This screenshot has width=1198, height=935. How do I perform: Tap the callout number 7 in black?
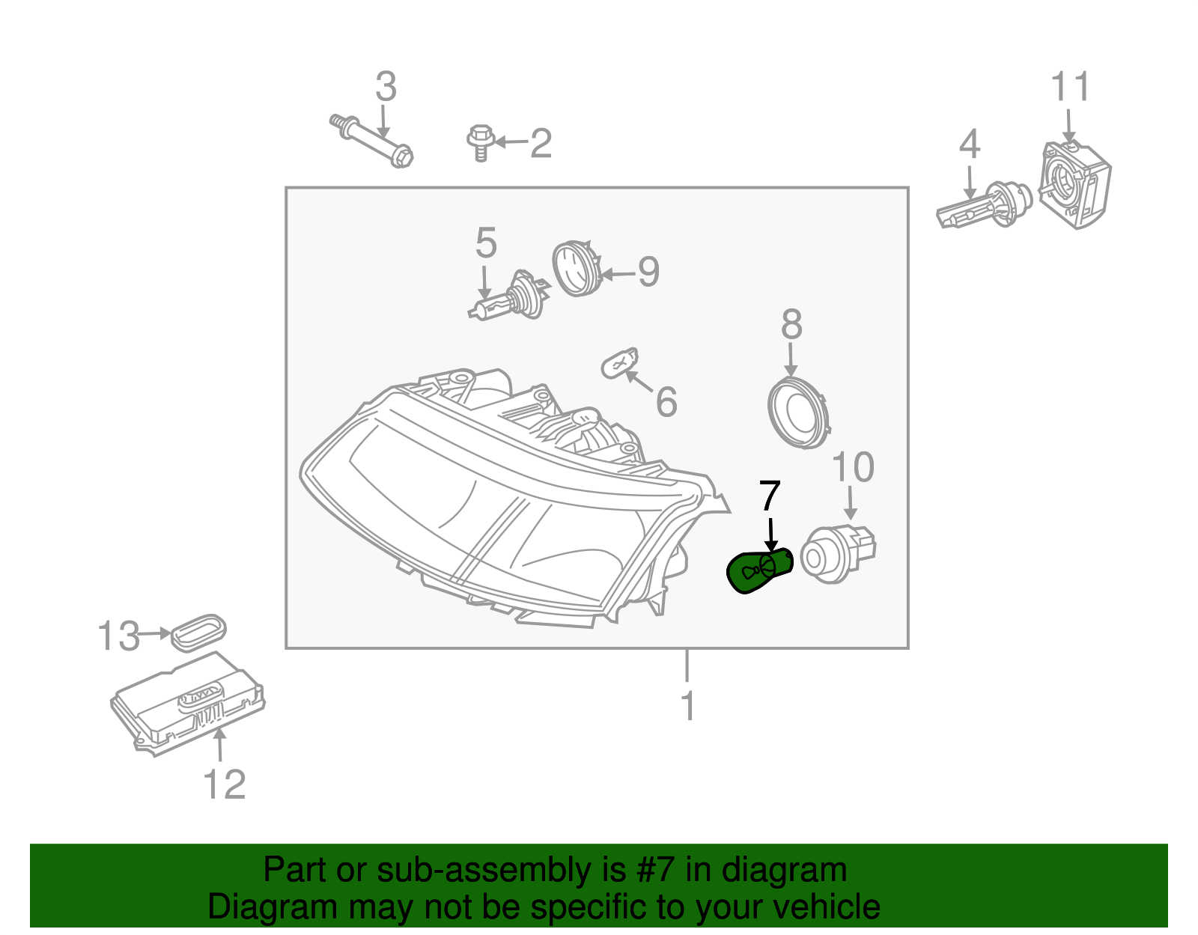[770, 496]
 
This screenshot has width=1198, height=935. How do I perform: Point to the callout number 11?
[1070, 88]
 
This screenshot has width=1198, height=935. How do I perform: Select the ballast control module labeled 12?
[187, 702]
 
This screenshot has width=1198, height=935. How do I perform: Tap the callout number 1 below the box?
[687, 707]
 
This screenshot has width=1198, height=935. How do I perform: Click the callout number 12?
[224, 785]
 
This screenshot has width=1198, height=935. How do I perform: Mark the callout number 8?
[791, 325]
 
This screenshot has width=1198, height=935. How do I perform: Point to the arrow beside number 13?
[156, 634]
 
